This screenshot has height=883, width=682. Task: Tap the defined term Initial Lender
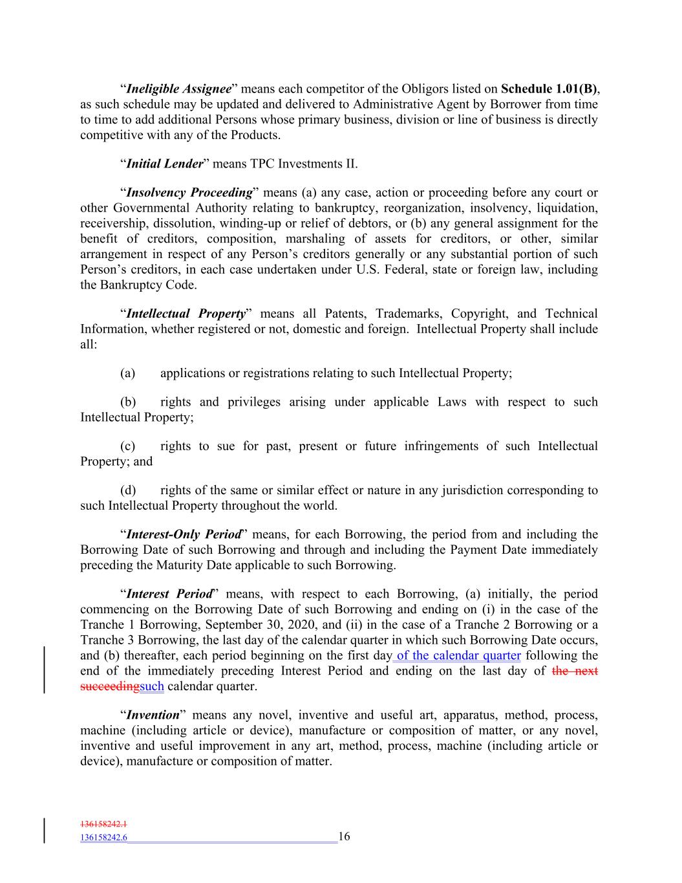(x=164, y=164)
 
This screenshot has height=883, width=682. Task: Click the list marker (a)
(x=127, y=373)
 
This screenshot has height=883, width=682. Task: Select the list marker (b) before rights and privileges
(x=127, y=402)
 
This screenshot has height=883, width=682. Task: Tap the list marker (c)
(x=127, y=446)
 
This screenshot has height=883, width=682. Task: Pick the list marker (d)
(x=127, y=490)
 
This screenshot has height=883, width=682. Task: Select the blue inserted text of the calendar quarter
(x=458, y=656)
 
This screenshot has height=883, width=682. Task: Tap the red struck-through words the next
(x=575, y=671)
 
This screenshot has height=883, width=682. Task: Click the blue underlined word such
(x=152, y=686)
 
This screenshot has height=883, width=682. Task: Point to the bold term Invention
(x=153, y=715)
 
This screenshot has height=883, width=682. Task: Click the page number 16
(x=344, y=836)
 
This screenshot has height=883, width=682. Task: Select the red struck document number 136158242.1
(x=103, y=825)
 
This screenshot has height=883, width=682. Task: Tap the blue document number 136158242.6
(x=103, y=838)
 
